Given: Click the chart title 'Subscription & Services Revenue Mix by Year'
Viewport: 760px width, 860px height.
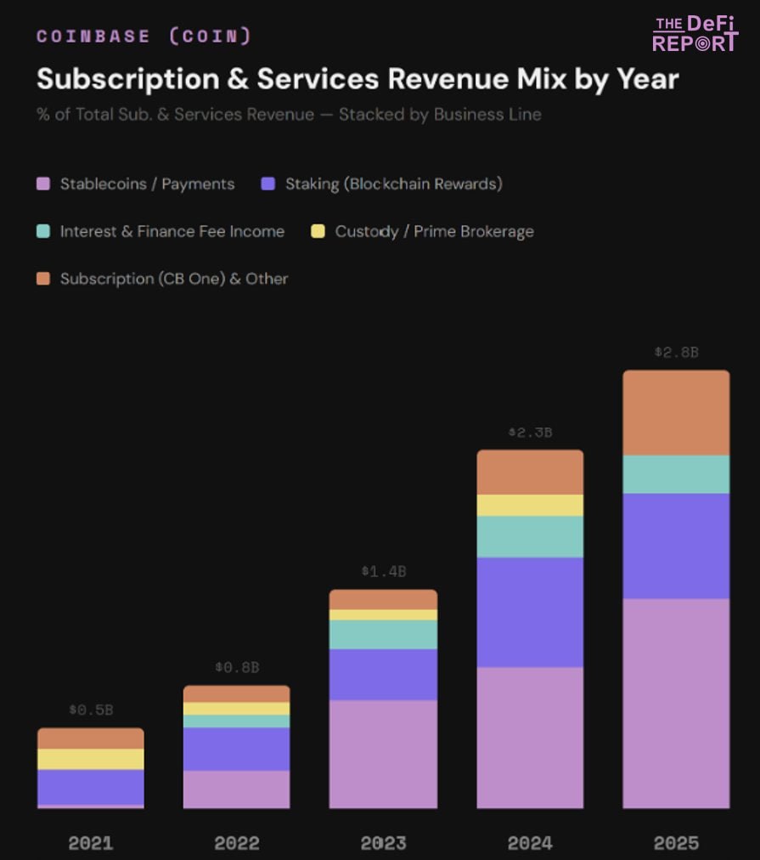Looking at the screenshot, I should pyautogui.click(x=357, y=79).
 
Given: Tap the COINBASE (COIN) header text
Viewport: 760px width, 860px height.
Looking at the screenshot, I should pyautogui.click(x=144, y=36).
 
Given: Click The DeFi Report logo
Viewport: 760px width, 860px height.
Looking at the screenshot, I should pyautogui.click(x=695, y=33).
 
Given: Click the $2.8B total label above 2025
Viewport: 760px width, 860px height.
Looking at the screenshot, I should pyautogui.click(x=676, y=352).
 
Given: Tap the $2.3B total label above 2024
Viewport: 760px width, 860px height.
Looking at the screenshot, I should pyautogui.click(x=530, y=432).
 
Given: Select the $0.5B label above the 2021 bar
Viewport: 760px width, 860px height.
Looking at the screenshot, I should pyautogui.click(x=91, y=710).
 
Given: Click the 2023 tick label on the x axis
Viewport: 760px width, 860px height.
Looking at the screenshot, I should pyautogui.click(x=383, y=843).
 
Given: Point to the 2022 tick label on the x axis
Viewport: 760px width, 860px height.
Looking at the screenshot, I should pyautogui.click(x=237, y=843).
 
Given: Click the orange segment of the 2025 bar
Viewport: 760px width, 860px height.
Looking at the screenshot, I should pyautogui.click(x=676, y=413).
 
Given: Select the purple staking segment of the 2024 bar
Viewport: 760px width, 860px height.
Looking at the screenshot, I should pyautogui.click(x=530, y=612).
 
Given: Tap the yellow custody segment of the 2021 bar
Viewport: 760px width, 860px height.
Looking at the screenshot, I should pyautogui.click(x=91, y=759).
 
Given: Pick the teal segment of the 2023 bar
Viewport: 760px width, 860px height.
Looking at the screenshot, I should pyautogui.click(x=383, y=635).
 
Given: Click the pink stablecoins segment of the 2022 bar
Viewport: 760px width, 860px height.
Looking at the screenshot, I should pyautogui.click(x=237, y=789).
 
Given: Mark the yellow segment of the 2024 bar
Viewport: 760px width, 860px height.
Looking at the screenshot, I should pyautogui.click(x=530, y=506).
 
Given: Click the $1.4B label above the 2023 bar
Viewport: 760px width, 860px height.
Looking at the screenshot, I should pyautogui.click(x=383, y=571).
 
